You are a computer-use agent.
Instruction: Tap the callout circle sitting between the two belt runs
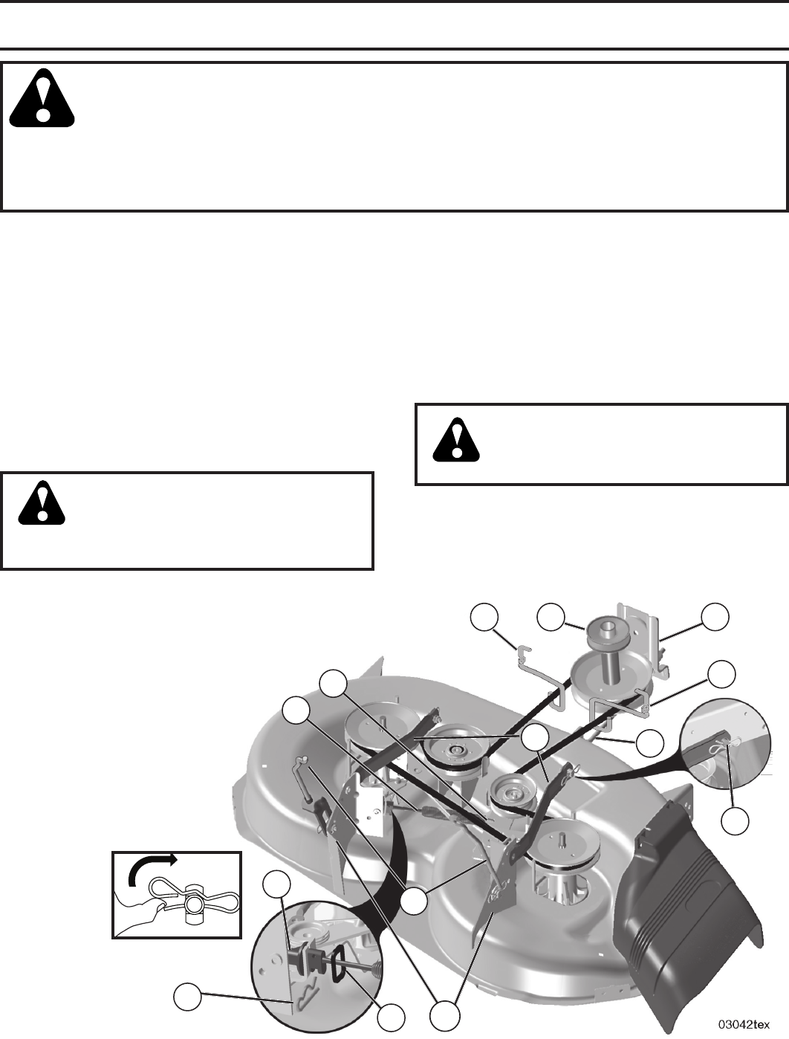533,738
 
